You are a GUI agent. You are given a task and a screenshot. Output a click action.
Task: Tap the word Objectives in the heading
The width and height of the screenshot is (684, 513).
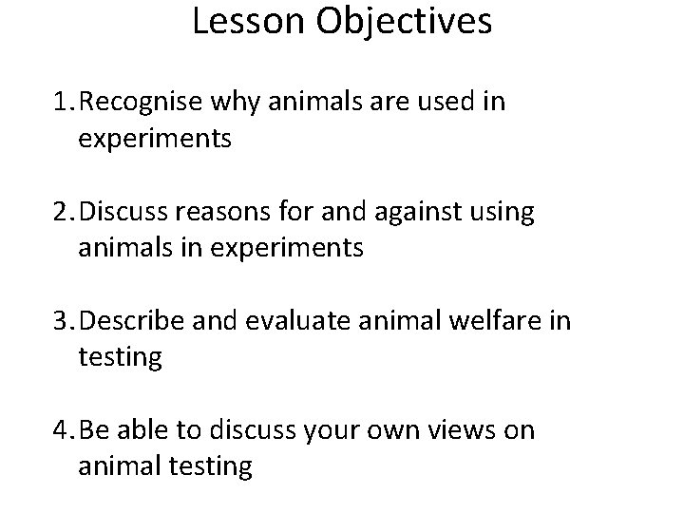coord(406,22)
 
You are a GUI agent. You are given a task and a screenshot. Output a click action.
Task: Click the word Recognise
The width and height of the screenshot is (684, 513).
coord(141,103)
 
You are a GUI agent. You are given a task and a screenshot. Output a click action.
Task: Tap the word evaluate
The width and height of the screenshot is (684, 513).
coord(283,321)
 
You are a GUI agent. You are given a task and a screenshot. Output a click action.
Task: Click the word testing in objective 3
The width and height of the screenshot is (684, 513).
coord(121,357)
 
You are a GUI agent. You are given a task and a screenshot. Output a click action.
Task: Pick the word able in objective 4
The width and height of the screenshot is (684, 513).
coord(145,430)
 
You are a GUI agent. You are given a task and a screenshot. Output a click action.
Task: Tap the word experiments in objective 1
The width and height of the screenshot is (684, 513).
coord(156,139)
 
